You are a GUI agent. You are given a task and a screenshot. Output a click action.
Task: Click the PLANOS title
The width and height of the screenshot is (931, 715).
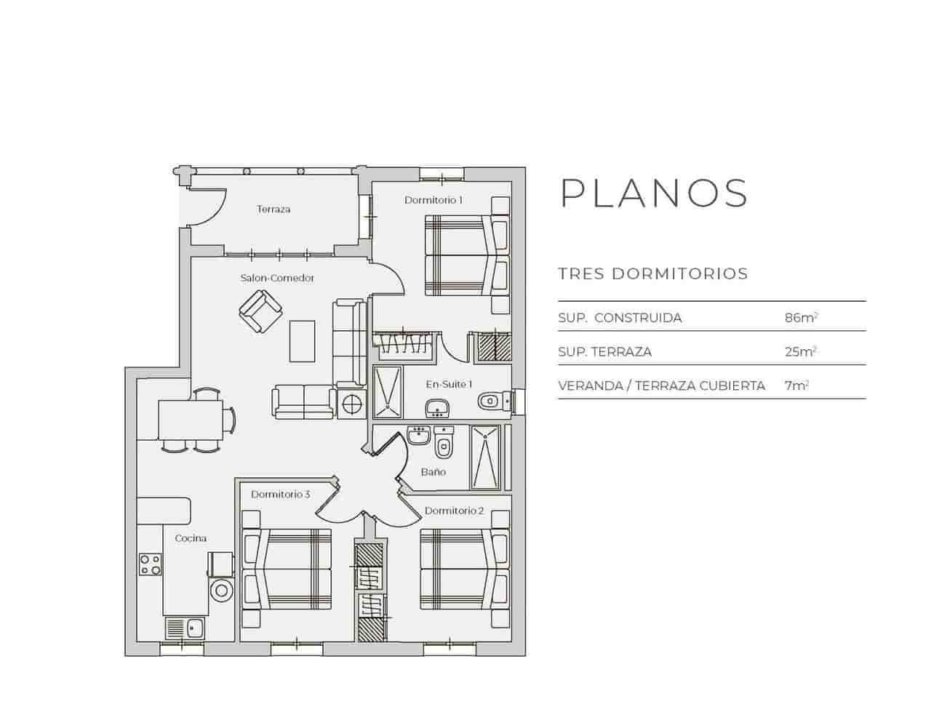coord(654,193)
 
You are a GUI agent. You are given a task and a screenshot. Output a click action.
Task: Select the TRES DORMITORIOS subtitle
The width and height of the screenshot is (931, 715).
coord(652,274)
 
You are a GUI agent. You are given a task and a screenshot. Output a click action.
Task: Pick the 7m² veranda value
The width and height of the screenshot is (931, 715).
coord(796,386)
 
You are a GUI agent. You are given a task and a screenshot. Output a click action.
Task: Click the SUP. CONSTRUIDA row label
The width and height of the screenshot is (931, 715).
coord(620,318)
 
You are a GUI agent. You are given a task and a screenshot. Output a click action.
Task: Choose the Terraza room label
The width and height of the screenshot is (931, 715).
coord(273,209)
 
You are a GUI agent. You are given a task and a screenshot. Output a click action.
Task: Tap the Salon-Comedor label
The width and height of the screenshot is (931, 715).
coord(277,278)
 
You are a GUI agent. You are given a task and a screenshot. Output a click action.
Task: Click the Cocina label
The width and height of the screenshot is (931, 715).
coord(191,538)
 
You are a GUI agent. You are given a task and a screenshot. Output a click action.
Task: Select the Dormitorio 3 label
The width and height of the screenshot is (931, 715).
coord(281,495)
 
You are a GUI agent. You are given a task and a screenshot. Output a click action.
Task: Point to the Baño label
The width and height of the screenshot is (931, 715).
coord(433,472)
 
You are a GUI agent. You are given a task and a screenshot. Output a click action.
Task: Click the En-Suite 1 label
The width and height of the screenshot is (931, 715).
coord(449,384)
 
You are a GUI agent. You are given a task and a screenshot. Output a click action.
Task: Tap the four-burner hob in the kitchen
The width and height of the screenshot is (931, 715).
coord(151,564)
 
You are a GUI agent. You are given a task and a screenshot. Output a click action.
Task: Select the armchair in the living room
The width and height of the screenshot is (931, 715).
coord(260,311)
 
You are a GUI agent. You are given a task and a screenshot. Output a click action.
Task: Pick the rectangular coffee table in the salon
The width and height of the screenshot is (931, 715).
coord(303,340)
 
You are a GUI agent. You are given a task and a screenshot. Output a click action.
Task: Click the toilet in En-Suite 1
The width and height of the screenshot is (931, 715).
coord(491,401)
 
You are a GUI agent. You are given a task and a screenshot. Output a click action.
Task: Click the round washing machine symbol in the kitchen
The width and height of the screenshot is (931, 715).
coord(221,589)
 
